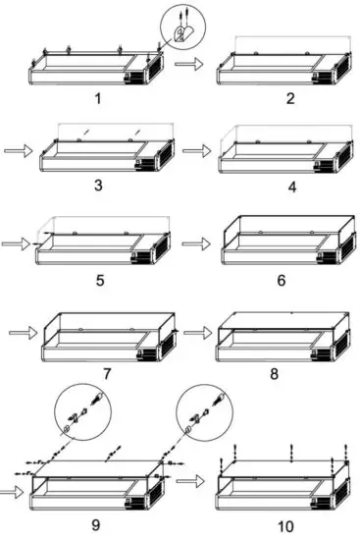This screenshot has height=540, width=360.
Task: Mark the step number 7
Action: (105, 373)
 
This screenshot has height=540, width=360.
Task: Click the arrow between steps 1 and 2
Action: (185, 63)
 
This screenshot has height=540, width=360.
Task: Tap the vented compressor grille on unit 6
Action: (337, 253)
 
